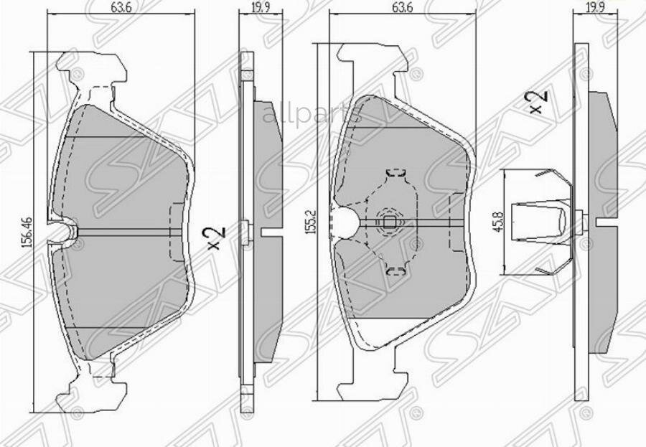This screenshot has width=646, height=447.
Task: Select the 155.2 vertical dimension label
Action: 309,223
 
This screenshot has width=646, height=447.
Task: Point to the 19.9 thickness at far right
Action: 593,8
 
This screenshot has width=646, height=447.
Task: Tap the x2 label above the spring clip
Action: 538,100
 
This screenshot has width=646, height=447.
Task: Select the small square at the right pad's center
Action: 388,222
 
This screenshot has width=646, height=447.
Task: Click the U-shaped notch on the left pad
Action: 65,230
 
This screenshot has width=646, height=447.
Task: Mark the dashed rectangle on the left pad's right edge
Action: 176,232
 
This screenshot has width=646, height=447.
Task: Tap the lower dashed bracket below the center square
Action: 395,270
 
